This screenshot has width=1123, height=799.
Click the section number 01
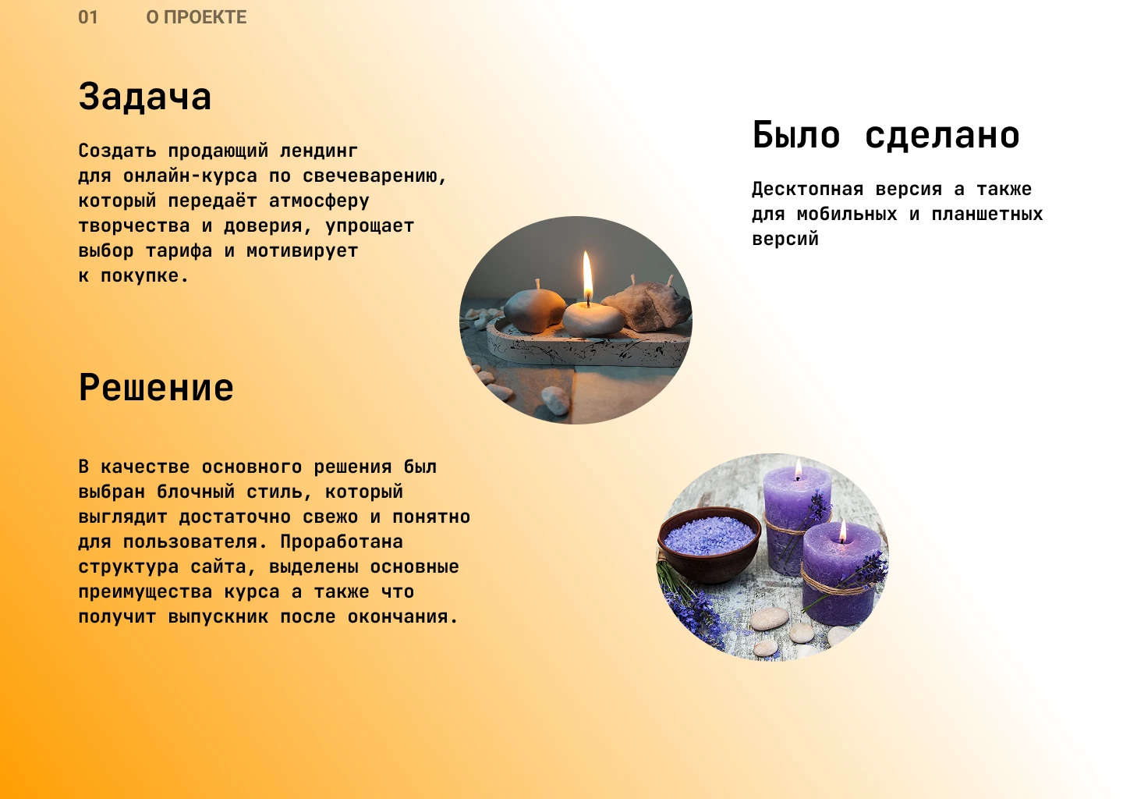88,17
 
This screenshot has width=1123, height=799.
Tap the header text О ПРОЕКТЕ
197,17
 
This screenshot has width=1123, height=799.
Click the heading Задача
145,97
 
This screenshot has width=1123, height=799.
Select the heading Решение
156,388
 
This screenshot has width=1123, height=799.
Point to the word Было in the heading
796,135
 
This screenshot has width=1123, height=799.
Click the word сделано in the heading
942,136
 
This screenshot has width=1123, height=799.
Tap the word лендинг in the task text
319,151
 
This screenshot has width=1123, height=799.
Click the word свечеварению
374,176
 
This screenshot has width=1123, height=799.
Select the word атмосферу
319,201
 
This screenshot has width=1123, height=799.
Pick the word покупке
144,275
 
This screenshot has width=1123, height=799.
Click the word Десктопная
808,189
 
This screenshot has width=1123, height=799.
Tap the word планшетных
987,214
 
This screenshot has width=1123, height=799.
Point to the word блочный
196,492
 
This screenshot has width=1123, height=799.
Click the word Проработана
342,542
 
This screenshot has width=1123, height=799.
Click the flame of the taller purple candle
798,470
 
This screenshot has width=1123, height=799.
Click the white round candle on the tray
593,318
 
